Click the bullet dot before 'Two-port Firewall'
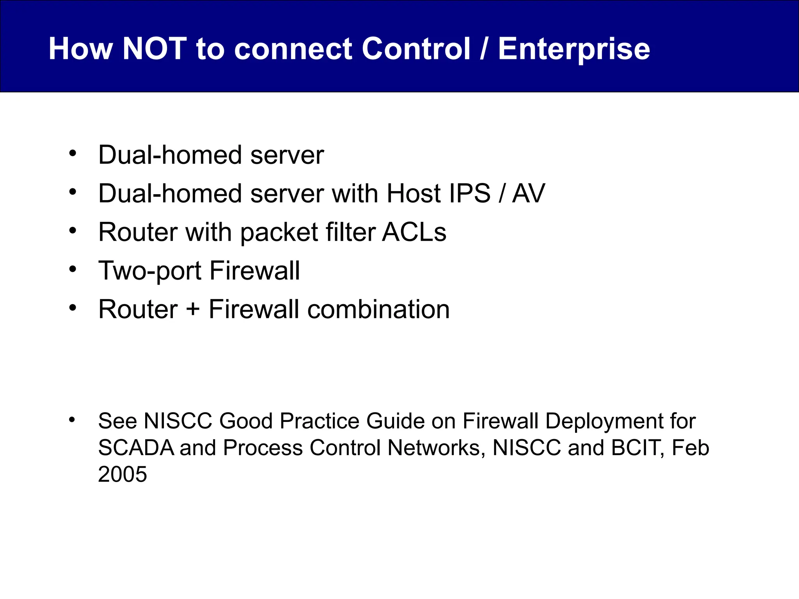coord(73,269)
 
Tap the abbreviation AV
coord(528,193)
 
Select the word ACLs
coord(414,232)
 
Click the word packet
coord(279,233)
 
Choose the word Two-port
coord(150,271)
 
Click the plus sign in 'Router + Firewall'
coord(193,310)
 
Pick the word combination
coord(378,310)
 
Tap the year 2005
coord(123,475)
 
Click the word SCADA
coord(136,448)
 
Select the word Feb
coord(690,448)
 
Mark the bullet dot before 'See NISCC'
coord(72,420)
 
